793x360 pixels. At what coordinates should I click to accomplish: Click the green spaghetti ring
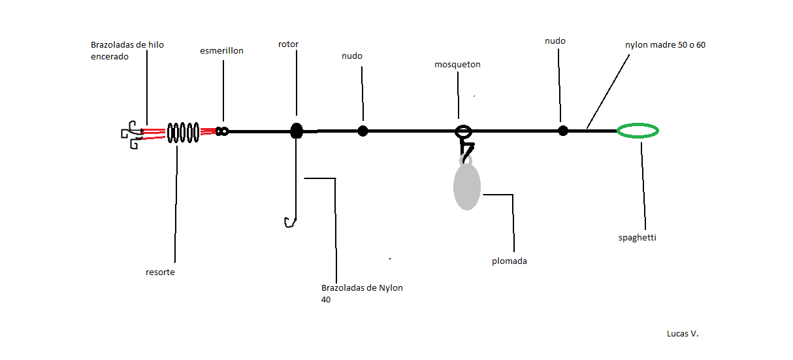click(x=638, y=131)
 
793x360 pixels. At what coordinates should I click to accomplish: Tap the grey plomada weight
click(x=467, y=187)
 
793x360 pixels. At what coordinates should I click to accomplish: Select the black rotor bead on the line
click(x=297, y=131)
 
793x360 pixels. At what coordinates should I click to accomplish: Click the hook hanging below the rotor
click(x=289, y=222)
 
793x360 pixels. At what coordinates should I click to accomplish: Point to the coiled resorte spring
click(x=183, y=132)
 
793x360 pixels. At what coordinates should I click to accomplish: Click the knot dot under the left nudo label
click(x=363, y=131)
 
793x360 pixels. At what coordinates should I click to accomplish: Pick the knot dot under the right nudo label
click(x=563, y=131)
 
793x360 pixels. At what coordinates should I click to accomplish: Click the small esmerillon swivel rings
click(x=222, y=131)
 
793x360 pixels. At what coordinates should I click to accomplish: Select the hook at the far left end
click(x=131, y=134)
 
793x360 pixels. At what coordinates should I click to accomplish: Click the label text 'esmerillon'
click(x=221, y=50)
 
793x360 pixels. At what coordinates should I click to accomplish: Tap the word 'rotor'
click(x=288, y=44)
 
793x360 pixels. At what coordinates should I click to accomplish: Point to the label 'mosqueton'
click(x=458, y=65)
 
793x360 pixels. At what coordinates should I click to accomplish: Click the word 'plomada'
click(x=510, y=261)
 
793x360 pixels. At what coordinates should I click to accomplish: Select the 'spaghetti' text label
click(x=637, y=238)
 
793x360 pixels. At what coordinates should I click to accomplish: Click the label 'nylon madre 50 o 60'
click(x=665, y=45)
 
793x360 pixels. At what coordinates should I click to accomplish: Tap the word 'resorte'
click(x=160, y=272)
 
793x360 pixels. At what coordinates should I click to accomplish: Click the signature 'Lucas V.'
click(x=683, y=333)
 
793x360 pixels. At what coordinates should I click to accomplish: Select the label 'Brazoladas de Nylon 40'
click(x=362, y=293)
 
